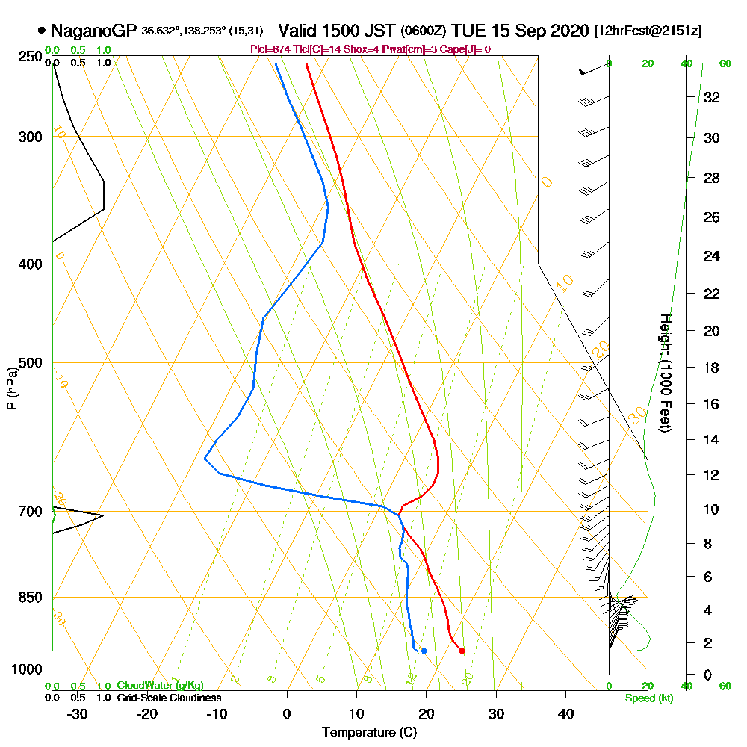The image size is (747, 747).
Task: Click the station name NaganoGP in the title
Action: click(x=93, y=31)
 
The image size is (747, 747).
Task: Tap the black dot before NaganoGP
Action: click(x=41, y=31)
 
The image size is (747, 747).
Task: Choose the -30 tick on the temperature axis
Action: click(x=77, y=713)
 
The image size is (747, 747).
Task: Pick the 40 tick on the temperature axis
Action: click(x=566, y=713)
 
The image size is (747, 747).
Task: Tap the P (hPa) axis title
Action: click(x=12, y=388)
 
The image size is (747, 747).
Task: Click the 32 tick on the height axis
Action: click(x=713, y=97)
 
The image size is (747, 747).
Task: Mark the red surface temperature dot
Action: click(x=462, y=651)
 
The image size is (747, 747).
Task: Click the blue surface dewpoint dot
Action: click(x=424, y=651)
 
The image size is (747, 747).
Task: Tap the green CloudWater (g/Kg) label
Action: click(x=160, y=686)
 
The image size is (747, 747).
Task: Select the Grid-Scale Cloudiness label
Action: click(x=169, y=698)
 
